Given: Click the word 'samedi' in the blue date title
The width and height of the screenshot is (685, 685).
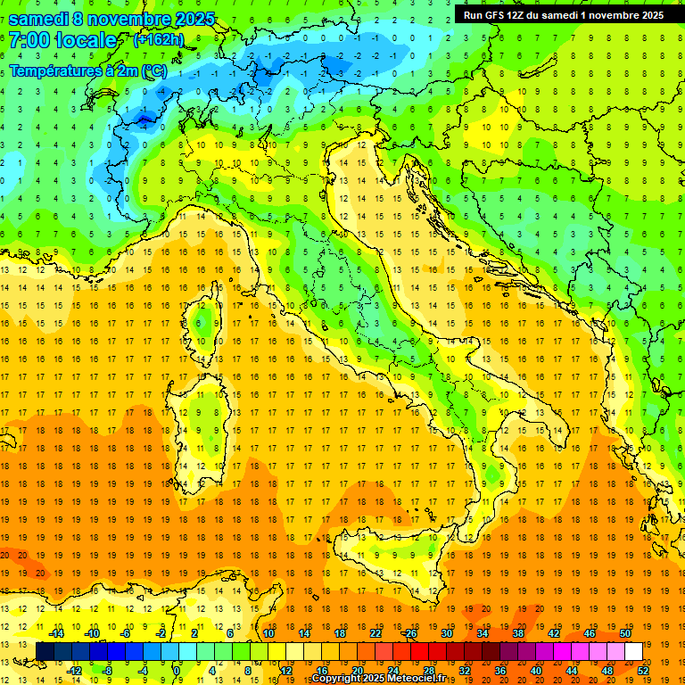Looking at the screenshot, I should (44, 19).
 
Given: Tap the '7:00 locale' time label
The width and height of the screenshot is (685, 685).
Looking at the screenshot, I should (63, 41).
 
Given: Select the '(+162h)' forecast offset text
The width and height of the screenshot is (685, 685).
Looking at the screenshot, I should (159, 40).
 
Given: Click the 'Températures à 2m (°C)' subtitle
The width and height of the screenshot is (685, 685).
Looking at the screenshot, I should (87, 70).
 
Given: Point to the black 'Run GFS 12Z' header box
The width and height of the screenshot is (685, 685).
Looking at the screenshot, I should (563, 15).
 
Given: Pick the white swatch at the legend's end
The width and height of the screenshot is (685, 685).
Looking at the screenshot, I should (633, 651).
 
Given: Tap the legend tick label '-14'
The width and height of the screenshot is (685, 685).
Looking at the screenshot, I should (57, 633).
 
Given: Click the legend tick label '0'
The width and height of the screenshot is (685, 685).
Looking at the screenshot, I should (177, 671).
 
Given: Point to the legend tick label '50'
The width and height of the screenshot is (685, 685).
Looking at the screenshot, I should (624, 633).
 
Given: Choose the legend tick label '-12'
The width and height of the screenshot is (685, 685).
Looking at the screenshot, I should (74, 671).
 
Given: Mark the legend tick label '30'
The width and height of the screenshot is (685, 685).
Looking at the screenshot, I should (446, 633).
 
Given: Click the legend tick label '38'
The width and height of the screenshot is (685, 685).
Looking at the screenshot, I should (517, 633).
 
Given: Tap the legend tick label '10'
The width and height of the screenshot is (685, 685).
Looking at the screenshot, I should (268, 633).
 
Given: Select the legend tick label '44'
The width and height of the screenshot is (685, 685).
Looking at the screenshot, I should (572, 671).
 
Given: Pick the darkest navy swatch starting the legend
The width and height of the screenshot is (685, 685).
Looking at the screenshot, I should (45, 651).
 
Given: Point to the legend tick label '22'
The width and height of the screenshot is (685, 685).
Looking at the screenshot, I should (375, 633).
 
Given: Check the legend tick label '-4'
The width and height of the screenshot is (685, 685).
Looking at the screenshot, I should (143, 671).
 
